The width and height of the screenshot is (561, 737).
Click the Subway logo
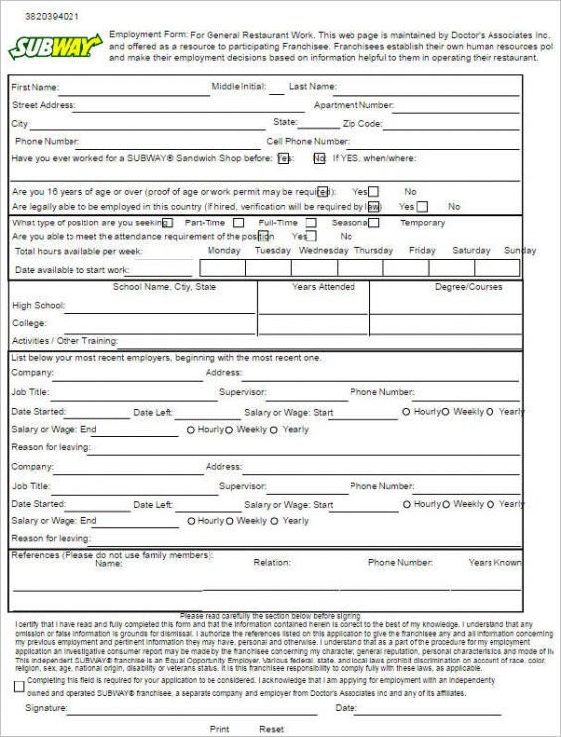click(x=56, y=46)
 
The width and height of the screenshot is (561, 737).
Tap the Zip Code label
click(x=361, y=124)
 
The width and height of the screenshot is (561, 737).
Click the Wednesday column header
click(x=323, y=251)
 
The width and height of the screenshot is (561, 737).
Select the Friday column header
click(x=422, y=251)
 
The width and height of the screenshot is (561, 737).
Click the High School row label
click(x=36, y=305)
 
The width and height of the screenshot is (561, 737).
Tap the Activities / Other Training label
click(x=65, y=340)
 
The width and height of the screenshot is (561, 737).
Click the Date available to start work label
click(x=71, y=270)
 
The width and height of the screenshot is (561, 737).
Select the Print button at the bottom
click(x=219, y=729)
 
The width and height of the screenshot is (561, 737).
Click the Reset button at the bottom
click(x=271, y=729)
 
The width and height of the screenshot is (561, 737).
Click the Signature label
click(x=46, y=708)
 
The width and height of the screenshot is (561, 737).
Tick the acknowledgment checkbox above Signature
click(x=19, y=685)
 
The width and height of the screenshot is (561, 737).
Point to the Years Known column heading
click(x=494, y=563)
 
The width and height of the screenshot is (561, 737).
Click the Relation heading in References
click(x=271, y=563)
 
